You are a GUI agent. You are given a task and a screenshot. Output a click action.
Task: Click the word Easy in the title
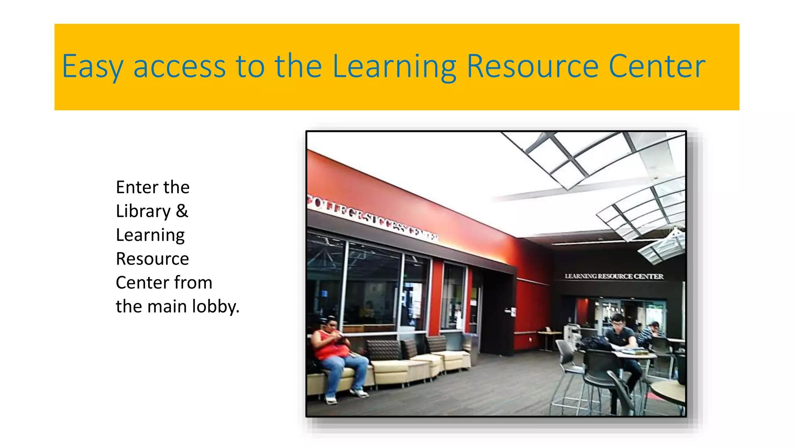92,67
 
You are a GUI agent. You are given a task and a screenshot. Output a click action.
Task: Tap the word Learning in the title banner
394,67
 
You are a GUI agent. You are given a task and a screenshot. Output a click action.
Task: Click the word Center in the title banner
657,67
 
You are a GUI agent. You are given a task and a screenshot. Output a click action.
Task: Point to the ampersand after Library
182,211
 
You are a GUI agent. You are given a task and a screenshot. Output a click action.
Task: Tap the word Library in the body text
143,212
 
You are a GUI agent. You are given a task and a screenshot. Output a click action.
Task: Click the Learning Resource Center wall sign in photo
614,276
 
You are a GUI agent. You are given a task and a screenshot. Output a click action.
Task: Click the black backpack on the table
595,343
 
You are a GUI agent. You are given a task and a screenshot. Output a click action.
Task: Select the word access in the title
180,67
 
